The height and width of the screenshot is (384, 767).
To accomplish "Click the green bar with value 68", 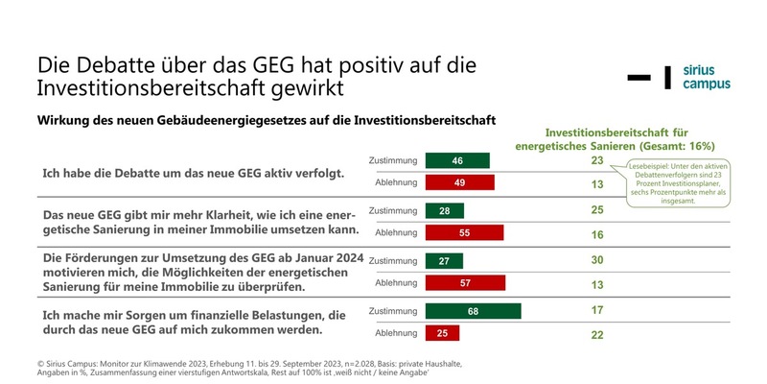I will click(x=473, y=311).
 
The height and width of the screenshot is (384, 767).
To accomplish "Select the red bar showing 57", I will click(x=465, y=282).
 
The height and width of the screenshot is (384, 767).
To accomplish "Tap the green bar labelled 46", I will click(x=457, y=160).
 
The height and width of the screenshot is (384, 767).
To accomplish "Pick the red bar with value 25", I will click(x=443, y=333).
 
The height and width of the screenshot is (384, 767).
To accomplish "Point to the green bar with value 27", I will click(x=444, y=260).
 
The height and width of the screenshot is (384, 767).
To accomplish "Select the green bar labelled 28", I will click(x=445, y=210).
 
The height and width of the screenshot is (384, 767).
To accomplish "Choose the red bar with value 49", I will click(x=459, y=182).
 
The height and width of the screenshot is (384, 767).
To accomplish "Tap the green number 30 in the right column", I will click(x=597, y=260).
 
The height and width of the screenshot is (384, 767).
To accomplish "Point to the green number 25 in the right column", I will click(x=597, y=210).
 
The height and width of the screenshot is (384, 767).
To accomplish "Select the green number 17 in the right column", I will click(x=597, y=311).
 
